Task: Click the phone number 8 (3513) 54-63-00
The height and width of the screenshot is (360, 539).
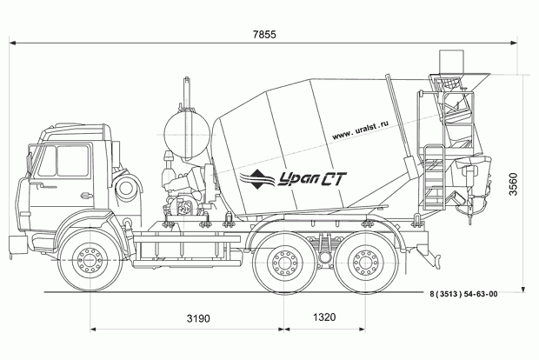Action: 463,296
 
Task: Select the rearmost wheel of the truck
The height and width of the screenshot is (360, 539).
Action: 364,261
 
